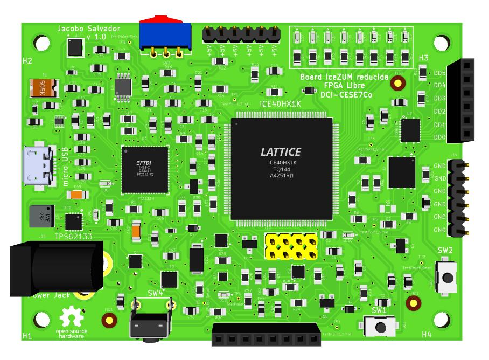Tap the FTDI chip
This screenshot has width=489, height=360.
coord(145,169)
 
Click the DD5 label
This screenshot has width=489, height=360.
coord(439,73)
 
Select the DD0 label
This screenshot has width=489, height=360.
coord(439,138)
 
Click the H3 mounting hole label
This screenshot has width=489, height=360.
coord(423,58)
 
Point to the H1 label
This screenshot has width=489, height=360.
coord(27,336)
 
